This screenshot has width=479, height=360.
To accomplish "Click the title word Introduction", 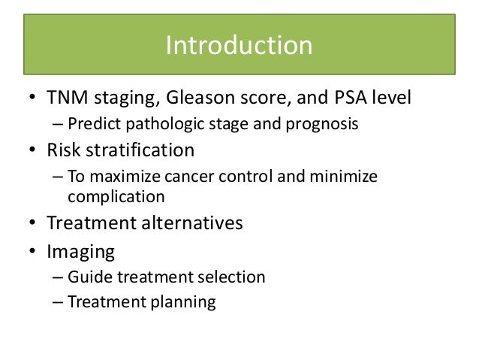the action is (x=239, y=47).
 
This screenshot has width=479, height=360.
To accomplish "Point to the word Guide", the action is (x=85, y=277).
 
